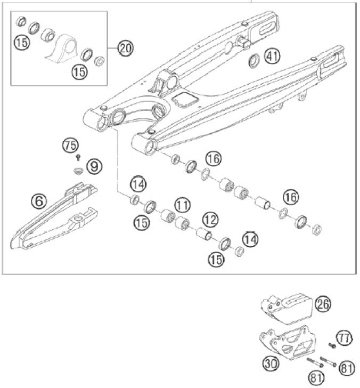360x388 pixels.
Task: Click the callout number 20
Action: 125,48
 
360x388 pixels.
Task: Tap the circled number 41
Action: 272,56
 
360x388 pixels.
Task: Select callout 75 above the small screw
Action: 70,144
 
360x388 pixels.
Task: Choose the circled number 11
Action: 182,205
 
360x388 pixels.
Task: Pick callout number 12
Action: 209,218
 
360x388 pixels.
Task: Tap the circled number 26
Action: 322,304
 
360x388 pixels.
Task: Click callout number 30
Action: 270,363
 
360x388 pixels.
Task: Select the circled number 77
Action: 345,337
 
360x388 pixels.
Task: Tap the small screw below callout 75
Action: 78,157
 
